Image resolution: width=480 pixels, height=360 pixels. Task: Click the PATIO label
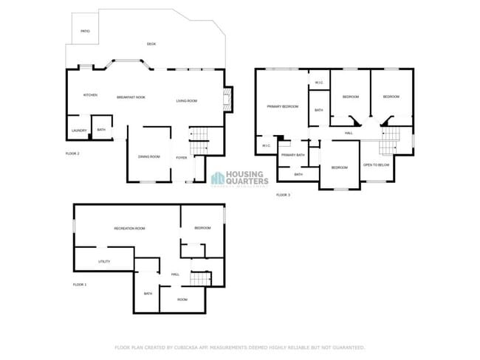point(85,32)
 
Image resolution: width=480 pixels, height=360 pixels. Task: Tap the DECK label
point(151,44)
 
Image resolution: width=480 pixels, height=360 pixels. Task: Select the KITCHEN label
point(90,95)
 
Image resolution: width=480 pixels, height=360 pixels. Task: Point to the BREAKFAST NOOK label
point(131,97)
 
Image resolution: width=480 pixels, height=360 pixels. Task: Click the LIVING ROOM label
point(186,100)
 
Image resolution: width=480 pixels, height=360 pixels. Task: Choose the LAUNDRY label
point(79,131)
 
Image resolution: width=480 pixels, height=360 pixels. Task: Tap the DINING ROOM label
point(149,156)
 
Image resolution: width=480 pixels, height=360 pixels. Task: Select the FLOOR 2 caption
point(72,153)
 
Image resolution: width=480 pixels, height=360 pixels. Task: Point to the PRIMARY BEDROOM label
point(283,107)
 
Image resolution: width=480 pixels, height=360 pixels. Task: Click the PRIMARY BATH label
point(293,155)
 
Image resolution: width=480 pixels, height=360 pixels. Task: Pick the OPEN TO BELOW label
point(377,165)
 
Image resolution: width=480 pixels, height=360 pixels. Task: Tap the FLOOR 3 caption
point(284,195)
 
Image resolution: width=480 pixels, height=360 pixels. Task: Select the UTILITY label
point(104,262)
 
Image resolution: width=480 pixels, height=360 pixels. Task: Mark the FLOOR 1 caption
point(80,284)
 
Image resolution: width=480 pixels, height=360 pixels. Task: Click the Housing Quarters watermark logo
point(239,178)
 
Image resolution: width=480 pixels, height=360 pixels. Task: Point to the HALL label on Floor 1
point(175,274)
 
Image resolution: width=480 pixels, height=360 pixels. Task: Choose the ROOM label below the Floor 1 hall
point(182,300)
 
